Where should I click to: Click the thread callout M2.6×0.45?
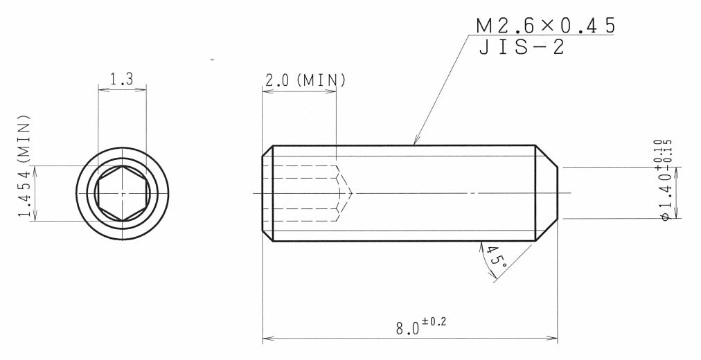click(x=545, y=26)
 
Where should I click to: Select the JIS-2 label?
click(x=522, y=47)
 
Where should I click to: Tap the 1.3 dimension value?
click(x=122, y=79)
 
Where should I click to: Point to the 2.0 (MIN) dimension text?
click(x=305, y=80)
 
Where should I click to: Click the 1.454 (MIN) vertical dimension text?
click(x=24, y=166)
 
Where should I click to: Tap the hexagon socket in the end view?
click(x=123, y=193)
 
